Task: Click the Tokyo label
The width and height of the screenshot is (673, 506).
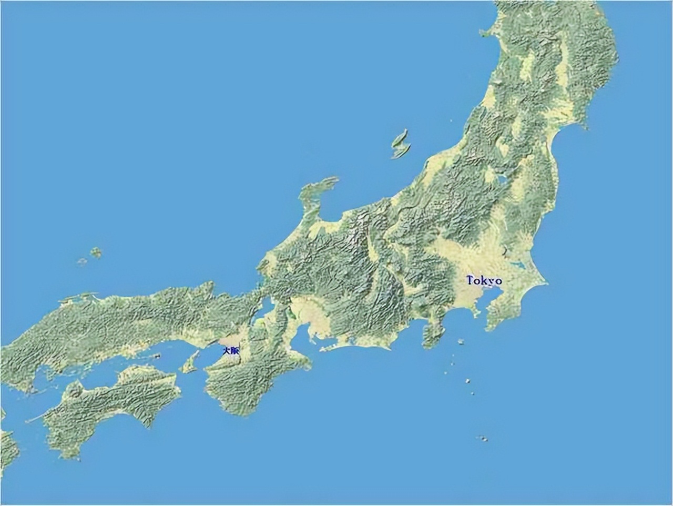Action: pos(484,280)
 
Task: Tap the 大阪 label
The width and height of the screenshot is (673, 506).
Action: pos(230,350)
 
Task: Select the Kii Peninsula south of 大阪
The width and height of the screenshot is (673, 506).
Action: pos(242,384)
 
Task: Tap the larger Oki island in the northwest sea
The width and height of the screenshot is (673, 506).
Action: pos(96,252)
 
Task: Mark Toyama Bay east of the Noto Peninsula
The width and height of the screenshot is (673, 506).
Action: pos(336,210)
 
